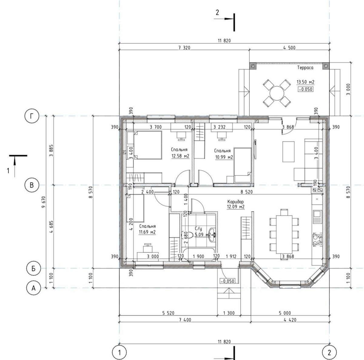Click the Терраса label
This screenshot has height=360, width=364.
(x=305, y=68)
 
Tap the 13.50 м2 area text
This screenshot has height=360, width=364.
(x=305, y=82)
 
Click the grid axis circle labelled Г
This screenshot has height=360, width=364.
(x=32, y=116)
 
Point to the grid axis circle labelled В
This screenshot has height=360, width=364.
(x=32, y=185)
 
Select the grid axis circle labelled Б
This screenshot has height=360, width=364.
(x=33, y=268)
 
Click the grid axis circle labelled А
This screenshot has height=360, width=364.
(x=33, y=288)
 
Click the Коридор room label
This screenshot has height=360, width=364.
(x=236, y=201)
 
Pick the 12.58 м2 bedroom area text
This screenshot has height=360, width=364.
(x=180, y=156)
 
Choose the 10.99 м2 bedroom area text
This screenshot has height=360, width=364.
(x=224, y=157)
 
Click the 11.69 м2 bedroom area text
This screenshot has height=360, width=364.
(x=147, y=232)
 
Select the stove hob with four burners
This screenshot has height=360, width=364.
(x=317, y=240)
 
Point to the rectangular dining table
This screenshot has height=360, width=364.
(x=285, y=234)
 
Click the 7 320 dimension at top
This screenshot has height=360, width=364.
(x=184, y=48)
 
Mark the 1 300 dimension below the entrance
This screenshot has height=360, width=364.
(x=229, y=313)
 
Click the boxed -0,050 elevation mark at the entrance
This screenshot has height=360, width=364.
(x=228, y=281)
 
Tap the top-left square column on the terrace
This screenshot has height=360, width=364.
(x=253, y=66)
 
